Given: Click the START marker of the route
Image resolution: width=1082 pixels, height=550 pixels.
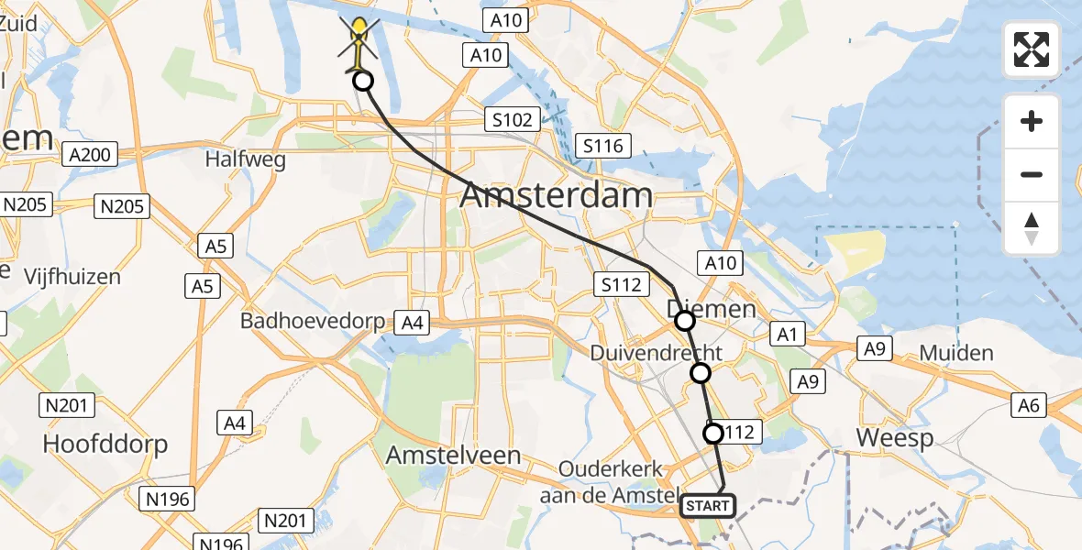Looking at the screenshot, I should tap(708, 505).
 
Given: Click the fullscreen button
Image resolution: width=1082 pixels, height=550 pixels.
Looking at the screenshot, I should tap(1032, 49).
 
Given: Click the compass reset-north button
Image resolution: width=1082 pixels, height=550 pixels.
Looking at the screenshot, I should tap(1032, 228).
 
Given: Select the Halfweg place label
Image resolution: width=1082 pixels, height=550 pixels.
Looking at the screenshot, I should tap(245, 159).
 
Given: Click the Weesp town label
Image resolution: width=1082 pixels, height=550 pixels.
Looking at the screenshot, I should tap(895, 438).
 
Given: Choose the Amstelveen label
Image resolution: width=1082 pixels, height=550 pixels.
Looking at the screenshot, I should tap(453, 455).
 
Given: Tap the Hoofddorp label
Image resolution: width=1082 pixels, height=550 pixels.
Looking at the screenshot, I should tap(105, 445).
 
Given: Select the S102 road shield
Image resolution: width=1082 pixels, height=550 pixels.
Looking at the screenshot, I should tap(511, 119).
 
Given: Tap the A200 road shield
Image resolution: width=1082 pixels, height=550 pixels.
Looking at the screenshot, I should tap(90, 154).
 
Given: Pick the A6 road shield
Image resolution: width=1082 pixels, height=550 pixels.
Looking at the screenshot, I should tap(1029, 404).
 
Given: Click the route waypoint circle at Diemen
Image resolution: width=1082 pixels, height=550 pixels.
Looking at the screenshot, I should tap(685, 321).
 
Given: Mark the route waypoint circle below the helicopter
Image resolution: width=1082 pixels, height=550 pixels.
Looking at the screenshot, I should tap(363, 82).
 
